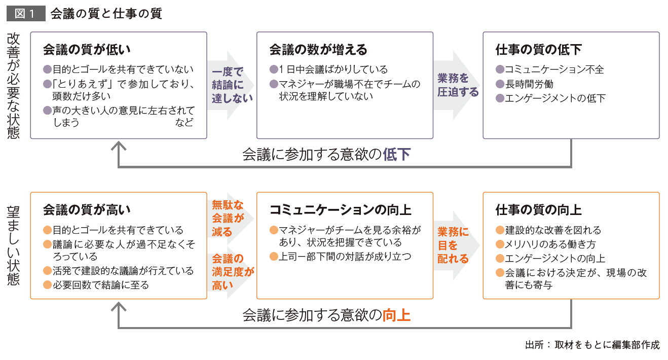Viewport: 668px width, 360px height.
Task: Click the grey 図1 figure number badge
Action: [x=26, y=13]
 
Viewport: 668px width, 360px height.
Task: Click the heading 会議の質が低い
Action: [x=87, y=50]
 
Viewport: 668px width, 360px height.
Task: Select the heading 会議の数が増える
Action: [x=318, y=50]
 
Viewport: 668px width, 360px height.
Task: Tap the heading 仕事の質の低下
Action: [x=539, y=50]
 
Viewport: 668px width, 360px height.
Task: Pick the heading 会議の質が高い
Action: [x=87, y=210]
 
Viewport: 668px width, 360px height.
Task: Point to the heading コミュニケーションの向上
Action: [x=340, y=210]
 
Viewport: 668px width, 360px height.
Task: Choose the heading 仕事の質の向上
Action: [x=539, y=210]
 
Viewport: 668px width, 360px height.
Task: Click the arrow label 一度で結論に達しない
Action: [x=232, y=85]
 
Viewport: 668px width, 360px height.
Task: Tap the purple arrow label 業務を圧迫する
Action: [x=458, y=85]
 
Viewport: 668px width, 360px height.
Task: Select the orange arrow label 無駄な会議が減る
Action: [x=228, y=219]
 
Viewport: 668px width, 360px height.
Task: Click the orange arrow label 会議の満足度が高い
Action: [x=233, y=272]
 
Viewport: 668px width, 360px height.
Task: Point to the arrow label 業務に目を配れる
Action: [x=453, y=245]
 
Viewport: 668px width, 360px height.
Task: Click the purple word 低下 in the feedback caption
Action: [x=397, y=155]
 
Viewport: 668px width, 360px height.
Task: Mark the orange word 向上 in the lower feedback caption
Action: [x=397, y=315]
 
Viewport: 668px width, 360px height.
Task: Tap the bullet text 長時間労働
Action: [x=529, y=84]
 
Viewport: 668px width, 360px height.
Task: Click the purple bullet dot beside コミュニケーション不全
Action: [x=500, y=69]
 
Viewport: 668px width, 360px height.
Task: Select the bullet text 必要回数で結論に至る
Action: [x=101, y=285]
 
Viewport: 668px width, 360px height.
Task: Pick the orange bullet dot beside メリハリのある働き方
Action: [x=500, y=244]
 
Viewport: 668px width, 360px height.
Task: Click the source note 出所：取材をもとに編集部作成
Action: [x=592, y=345]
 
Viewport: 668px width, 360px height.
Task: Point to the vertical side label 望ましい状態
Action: [x=13, y=245]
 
